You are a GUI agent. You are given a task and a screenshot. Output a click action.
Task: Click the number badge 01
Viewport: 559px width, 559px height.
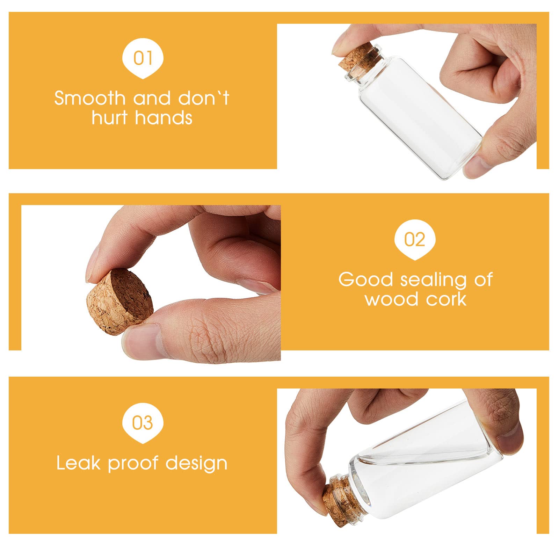143,58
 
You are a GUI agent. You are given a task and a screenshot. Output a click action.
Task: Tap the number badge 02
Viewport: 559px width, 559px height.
415,240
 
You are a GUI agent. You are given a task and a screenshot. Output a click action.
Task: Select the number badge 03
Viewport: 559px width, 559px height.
143,423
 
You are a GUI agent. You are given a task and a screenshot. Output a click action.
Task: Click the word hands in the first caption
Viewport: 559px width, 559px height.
162,117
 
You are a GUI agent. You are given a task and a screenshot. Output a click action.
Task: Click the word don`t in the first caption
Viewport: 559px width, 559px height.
204,98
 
